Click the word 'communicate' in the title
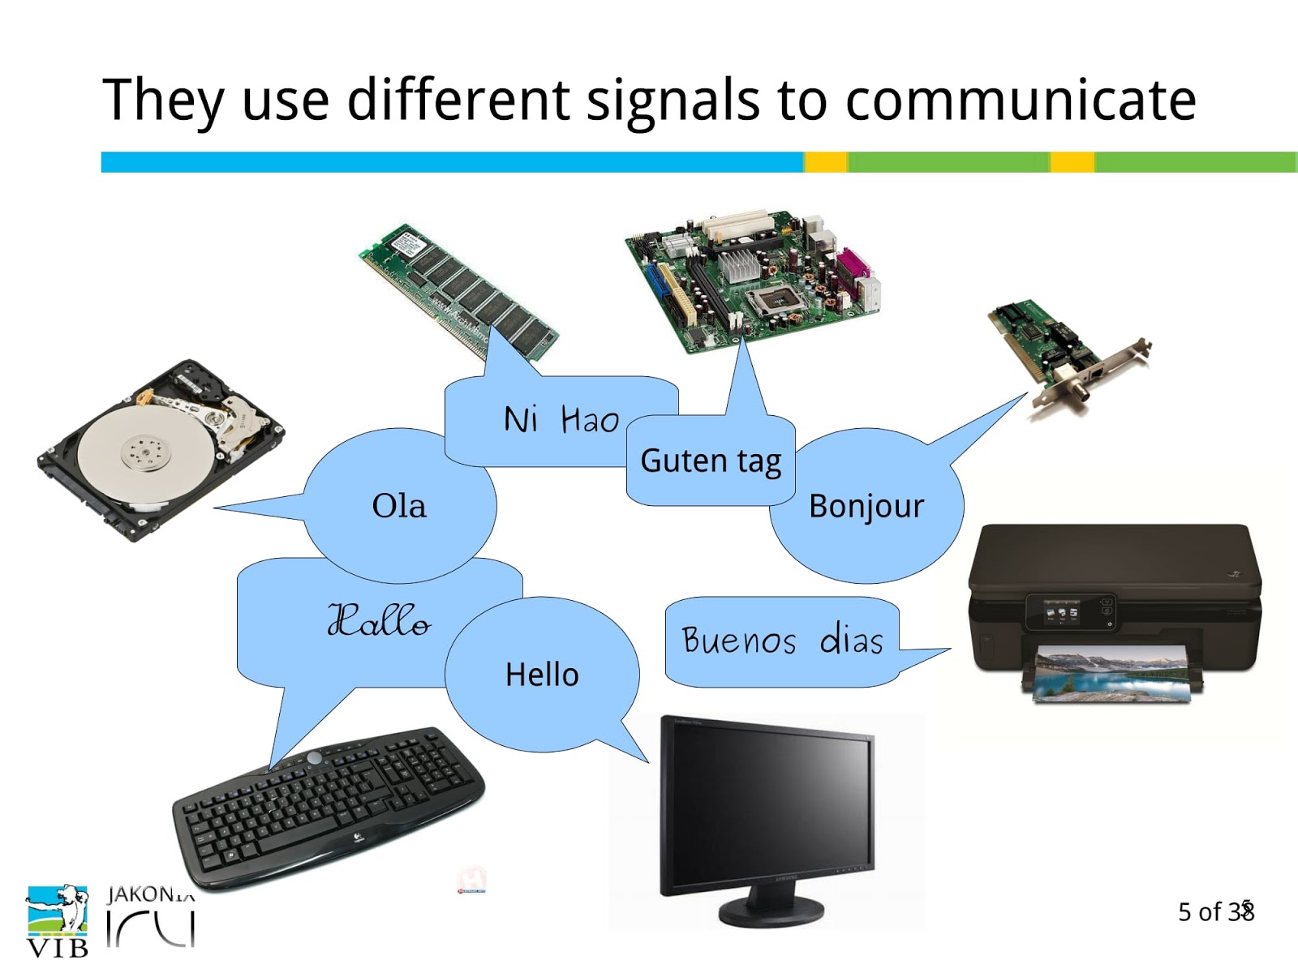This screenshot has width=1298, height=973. tap(1021, 101)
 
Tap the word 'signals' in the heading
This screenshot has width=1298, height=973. tap(673, 101)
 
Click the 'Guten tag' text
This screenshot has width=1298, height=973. tap(711, 461)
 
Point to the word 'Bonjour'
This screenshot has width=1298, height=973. tap(866, 506)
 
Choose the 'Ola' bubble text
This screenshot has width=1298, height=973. tap(399, 506)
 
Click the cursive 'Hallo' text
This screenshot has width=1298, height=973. tap(379, 620)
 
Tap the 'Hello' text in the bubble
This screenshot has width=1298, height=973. tap(542, 675)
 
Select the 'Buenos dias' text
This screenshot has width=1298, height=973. tap(782, 641)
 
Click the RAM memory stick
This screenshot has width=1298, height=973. tap(459, 290)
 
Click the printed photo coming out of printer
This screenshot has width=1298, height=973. tap(1111, 673)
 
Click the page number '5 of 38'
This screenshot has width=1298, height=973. tap(1215, 912)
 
